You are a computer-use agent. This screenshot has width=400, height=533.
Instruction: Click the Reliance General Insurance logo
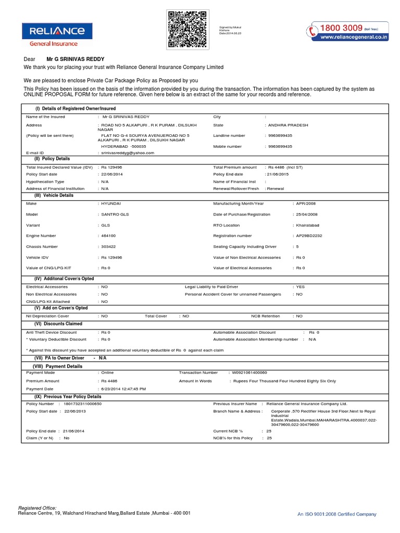(53, 34)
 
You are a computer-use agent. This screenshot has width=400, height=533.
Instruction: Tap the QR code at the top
(187, 29)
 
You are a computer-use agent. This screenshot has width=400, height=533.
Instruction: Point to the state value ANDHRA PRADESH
(288, 125)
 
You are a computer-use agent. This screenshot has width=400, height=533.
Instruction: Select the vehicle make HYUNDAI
(111, 203)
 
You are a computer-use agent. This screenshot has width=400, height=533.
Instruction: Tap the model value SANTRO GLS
(115, 214)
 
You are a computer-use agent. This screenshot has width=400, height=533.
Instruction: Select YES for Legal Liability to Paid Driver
(300, 287)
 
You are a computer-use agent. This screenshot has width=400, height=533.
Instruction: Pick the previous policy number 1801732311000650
(83, 403)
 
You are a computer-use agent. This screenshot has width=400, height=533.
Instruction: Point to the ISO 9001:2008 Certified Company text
(336, 514)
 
